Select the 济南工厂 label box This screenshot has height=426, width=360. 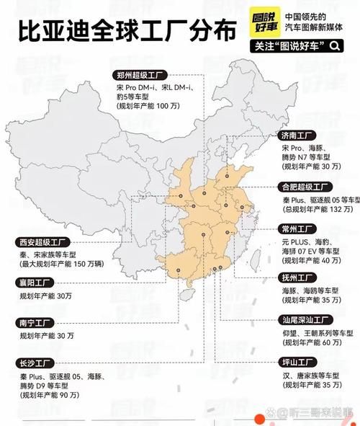297,135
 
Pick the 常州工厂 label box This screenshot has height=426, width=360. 297,228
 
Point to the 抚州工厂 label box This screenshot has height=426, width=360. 297,278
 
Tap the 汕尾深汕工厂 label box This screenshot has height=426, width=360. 305,319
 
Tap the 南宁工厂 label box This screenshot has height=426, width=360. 30,324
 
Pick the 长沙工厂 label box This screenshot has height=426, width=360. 30,363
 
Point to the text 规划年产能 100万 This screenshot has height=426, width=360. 148,106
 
